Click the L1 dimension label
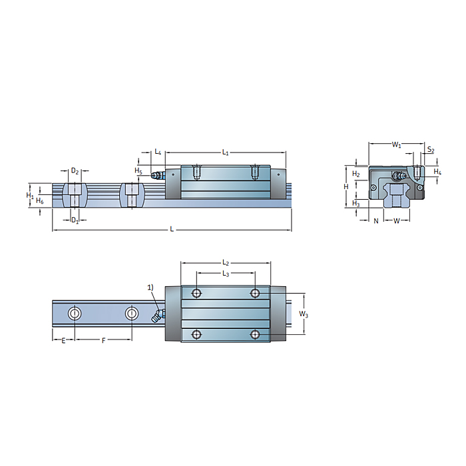point(225,152)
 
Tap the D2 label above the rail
point(75,172)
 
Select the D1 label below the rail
point(75,220)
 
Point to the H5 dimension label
point(138,171)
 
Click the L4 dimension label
point(158,152)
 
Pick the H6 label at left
point(40,200)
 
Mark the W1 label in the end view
point(396,144)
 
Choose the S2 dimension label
point(431,150)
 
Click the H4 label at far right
point(437,172)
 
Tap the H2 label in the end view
point(356,174)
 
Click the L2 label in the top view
point(225,264)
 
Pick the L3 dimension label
point(225,274)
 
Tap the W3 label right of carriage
point(304,314)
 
